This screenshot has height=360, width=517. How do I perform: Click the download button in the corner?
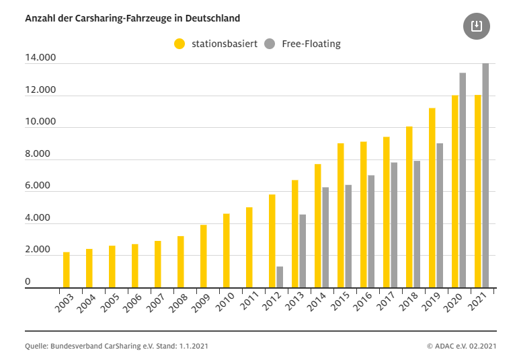click(x=477, y=26)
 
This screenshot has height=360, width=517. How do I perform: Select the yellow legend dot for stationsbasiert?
click(x=180, y=44)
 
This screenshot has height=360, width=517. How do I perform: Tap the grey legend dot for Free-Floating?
click(x=270, y=44)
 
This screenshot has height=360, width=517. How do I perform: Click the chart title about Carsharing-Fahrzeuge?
click(x=132, y=18)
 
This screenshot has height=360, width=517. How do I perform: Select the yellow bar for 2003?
click(x=67, y=270)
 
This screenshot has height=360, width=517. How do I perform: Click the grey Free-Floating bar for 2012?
click(x=280, y=277)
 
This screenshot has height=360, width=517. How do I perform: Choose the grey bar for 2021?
click(x=485, y=176)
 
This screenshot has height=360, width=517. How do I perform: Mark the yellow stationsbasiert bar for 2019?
click(x=432, y=198)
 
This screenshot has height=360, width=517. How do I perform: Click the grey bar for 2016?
click(x=371, y=231)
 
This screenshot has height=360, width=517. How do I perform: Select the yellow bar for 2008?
click(x=181, y=262)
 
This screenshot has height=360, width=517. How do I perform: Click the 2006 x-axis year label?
click(x=132, y=305)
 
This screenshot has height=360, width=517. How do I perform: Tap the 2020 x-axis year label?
click(x=452, y=305)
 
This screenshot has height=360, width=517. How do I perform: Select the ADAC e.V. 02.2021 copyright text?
click(x=461, y=347)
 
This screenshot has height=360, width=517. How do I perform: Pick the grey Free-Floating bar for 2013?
click(x=303, y=251)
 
